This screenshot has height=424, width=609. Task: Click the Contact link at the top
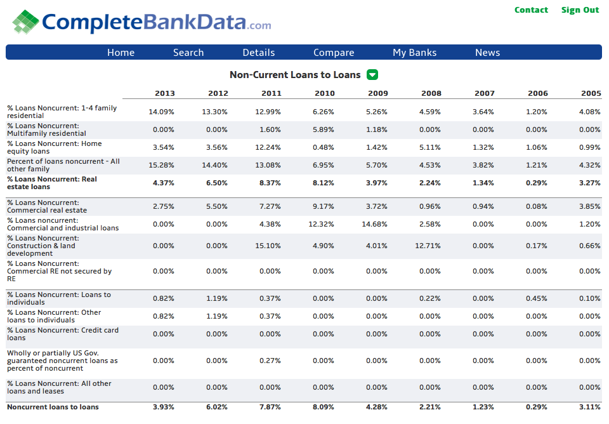point(531,10)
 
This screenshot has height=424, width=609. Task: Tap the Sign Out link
point(580,10)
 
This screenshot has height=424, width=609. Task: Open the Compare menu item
point(334,53)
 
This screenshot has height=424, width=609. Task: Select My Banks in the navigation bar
point(414,53)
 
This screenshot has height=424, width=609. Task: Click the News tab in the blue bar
point(487,53)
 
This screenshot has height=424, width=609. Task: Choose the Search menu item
point(188,53)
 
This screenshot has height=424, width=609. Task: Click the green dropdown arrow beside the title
point(372,75)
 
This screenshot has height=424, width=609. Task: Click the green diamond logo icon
point(25,22)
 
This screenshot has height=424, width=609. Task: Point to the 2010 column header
point(325,93)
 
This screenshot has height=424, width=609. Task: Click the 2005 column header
point(591,93)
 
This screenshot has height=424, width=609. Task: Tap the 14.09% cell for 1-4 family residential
point(161,112)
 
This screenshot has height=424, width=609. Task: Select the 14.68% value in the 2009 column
point(374,224)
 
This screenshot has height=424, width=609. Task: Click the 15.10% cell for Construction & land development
point(268,246)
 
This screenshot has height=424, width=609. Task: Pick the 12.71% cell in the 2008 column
point(428,246)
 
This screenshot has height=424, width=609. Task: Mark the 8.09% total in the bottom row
point(323,407)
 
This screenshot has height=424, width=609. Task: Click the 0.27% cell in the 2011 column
point(270,361)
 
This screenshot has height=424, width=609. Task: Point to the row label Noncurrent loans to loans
point(53,407)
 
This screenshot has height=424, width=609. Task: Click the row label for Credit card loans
point(63,334)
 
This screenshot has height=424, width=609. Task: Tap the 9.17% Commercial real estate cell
point(323,206)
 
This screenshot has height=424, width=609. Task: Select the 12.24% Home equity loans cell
point(268,147)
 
